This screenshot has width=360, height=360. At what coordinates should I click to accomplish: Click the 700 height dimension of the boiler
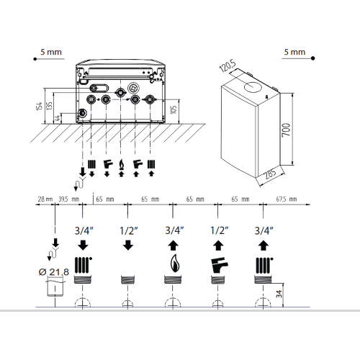[286, 130]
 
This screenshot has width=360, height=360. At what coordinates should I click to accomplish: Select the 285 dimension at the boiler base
[271, 174]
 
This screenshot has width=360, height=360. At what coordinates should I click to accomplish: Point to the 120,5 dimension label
[228, 66]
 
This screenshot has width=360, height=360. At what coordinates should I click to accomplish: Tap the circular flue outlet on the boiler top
[252, 86]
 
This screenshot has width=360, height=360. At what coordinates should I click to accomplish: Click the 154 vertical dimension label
[40, 106]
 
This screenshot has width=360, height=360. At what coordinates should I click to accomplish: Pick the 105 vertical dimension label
[174, 109]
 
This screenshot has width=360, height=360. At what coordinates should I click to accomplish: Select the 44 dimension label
[58, 118]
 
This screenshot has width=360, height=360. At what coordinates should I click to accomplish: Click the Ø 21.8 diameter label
[54, 272]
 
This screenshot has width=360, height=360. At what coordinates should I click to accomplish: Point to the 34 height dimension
[279, 294]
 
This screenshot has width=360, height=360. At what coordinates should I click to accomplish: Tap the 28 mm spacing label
[45, 199]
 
